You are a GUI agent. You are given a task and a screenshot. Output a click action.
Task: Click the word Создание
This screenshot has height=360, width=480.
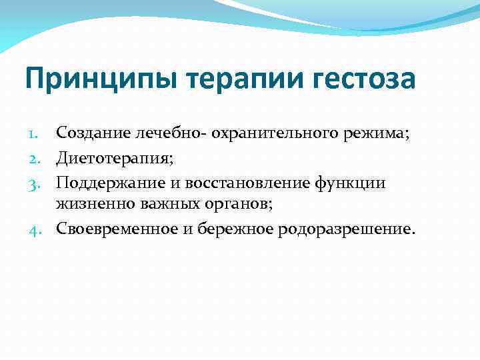click(87, 133)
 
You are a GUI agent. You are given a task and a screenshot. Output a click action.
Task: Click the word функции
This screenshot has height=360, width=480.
click(353, 182)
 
